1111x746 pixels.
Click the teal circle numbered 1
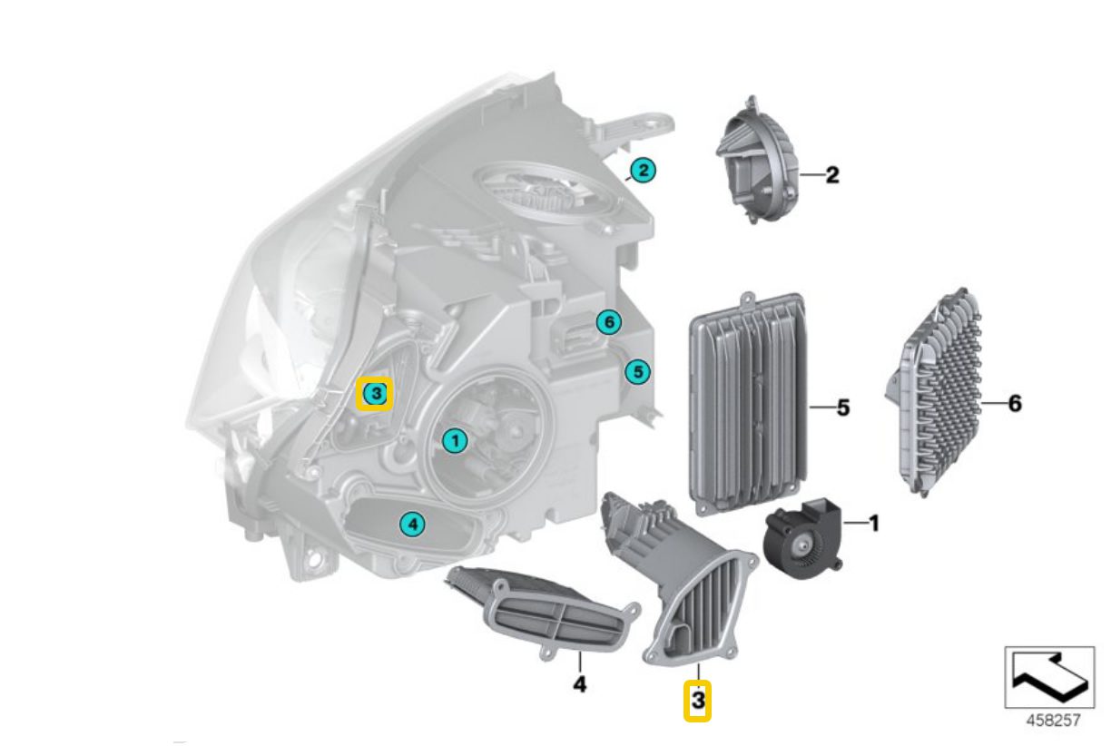tap(456, 440)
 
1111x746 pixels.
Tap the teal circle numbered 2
tap(643, 171)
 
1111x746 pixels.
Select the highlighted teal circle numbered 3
tap(376, 395)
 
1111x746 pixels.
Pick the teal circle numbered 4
tap(413, 524)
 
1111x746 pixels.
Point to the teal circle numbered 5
tap(637, 371)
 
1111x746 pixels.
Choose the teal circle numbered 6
tap(609, 322)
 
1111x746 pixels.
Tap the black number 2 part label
tap(832, 175)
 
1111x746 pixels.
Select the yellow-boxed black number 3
tap(697, 701)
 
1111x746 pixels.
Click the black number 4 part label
tap(579, 684)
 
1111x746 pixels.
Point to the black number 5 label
tap(843, 407)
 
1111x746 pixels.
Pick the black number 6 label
tap(1015, 403)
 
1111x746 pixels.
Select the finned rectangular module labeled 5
tap(749, 403)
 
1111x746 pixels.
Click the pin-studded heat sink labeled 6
tap(933, 391)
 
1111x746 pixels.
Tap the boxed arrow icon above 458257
tap(1049, 677)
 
